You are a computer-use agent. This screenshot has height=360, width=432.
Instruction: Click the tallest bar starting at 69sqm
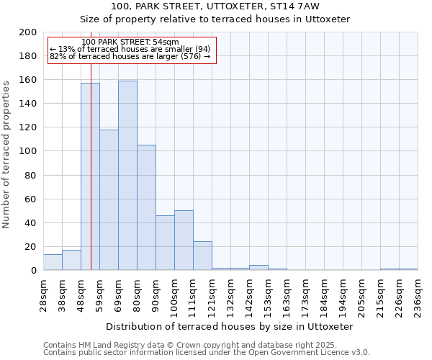127,176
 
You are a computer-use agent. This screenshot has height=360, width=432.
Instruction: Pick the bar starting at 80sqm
146,207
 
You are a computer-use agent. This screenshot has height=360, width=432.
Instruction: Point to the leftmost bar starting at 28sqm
53,262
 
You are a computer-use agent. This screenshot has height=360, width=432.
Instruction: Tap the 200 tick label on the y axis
28,32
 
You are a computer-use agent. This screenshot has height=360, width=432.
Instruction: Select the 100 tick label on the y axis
28,151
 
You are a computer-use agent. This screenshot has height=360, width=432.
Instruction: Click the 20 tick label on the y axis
31,247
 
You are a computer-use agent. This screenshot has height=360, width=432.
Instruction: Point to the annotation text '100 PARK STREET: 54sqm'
130,42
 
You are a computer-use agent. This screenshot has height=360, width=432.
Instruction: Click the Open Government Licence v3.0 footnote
206,353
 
